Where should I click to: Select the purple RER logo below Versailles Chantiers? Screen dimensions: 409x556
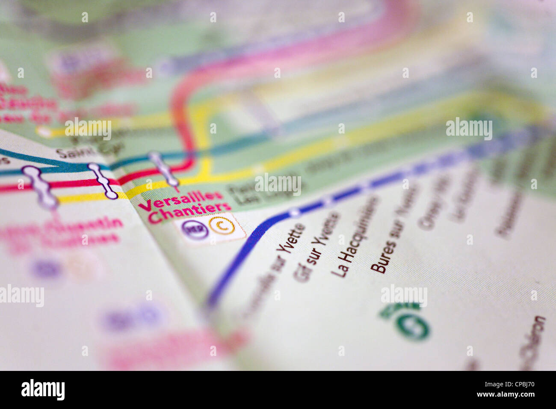coord(195,229)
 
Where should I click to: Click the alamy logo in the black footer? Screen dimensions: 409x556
coord(43,390)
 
